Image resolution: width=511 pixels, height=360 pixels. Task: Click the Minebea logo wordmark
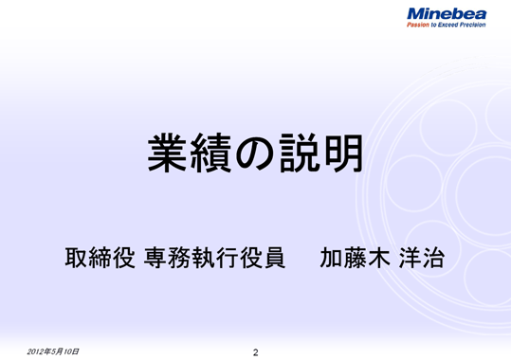coord(446,14)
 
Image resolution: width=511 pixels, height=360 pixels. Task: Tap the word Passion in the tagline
coord(419,26)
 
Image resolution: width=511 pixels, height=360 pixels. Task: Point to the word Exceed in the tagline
coord(445,26)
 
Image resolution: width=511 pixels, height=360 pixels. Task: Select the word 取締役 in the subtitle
coord(101,259)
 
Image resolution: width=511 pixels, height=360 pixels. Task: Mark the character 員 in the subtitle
coord(272,259)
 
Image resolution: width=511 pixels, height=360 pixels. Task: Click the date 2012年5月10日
coord(54,351)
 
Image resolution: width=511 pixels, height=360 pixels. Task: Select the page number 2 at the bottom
coord(256,352)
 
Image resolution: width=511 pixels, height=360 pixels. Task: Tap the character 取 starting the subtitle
coord(76,259)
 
